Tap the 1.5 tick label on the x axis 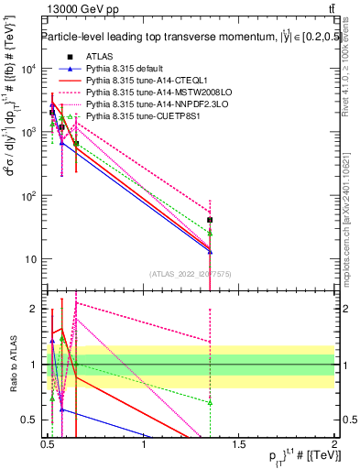(x=239, y=445)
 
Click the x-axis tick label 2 (x=333, y=445)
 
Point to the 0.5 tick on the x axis (x=48, y=445)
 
